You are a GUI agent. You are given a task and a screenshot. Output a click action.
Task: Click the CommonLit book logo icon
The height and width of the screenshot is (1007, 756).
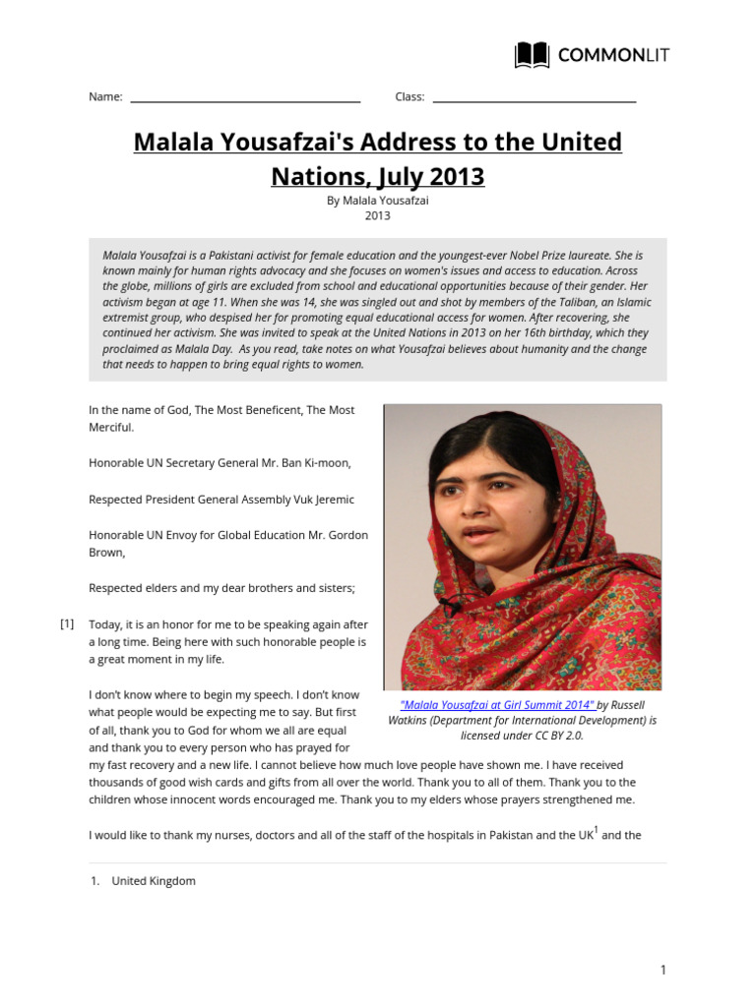pyautogui.click(x=533, y=55)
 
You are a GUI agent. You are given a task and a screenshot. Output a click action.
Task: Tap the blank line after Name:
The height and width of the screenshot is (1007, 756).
pyautogui.click(x=245, y=98)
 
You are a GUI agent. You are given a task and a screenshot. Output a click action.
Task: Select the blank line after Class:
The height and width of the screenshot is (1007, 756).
pyautogui.click(x=535, y=98)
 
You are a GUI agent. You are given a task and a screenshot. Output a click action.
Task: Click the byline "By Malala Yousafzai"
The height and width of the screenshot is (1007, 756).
pyautogui.click(x=378, y=200)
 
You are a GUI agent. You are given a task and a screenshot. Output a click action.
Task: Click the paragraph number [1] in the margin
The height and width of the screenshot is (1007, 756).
pyautogui.click(x=67, y=623)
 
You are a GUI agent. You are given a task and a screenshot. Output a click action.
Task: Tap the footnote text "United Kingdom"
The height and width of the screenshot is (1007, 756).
pyautogui.click(x=154, y=881)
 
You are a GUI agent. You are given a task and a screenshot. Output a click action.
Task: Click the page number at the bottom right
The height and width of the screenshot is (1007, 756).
pyautogui.click(x=663, y=971)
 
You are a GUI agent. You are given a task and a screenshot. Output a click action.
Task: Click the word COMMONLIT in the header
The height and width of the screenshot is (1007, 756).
pyautogui.click(x=613, y=55)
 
